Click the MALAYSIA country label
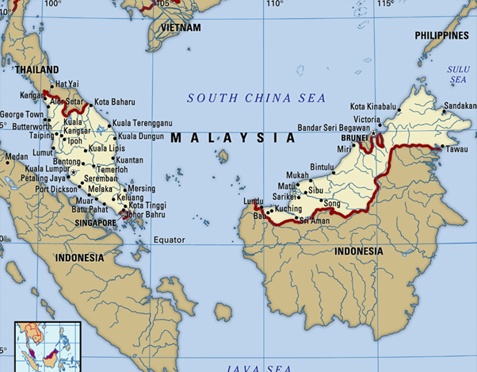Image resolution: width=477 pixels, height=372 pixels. tap(232, 137)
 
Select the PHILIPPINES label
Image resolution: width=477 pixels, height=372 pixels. tap(442, 36)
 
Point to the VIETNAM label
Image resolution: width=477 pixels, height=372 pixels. tap(181, 27)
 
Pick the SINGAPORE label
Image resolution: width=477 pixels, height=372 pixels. tap(96, 224)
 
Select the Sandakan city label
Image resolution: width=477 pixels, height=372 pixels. tap(460, 105)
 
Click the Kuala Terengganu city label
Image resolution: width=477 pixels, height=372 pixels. tap(142, 123)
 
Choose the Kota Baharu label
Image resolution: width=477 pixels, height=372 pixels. tap(115, 102)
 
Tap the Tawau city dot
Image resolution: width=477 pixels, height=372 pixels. tap(440, 148)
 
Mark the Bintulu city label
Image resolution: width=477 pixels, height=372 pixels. tap(322, 167)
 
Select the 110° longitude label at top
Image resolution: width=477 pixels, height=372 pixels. tap(274, 4)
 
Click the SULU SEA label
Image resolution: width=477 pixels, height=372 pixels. tap(458, 75)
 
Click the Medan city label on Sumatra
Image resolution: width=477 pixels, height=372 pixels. tap(16, 157)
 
